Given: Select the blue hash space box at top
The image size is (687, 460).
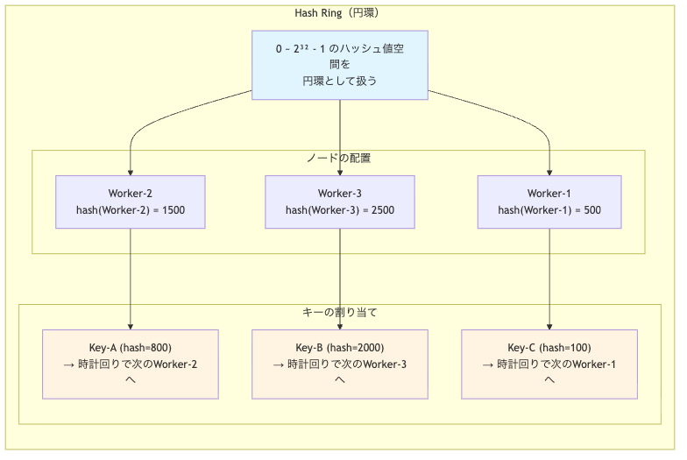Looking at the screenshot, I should coord(340,65).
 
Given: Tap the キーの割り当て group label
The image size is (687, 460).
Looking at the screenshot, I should coord(339,312).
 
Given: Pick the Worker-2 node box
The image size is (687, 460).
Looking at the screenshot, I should coord(130,202).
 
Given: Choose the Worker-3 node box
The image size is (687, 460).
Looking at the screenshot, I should coord(339,202).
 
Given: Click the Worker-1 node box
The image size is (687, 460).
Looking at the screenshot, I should coord(549,202).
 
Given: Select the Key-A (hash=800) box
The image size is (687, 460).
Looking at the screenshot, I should coord(130,364).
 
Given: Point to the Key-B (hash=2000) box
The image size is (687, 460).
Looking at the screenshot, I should coord(339,364).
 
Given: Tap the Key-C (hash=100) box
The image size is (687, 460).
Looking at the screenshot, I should coord(549,364).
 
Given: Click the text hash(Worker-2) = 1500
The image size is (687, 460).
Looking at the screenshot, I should coord(130,210).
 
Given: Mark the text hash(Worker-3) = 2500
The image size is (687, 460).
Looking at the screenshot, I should coord(339,210).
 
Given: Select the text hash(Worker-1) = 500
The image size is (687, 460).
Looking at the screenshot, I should coord(549,210).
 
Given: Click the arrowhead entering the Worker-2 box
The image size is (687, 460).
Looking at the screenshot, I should coord(130,172).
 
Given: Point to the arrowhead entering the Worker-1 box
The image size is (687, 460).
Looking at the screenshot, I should coord(549,172).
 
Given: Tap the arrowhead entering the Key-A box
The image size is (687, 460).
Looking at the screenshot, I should coord(130,325).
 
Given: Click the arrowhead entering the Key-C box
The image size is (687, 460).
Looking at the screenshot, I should coord(549,325).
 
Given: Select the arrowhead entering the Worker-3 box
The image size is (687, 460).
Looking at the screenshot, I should coord(339,172).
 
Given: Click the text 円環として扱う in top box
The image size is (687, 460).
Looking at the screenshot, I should coord(340,81).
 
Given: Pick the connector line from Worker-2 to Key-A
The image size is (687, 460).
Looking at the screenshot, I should coord(130,272).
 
